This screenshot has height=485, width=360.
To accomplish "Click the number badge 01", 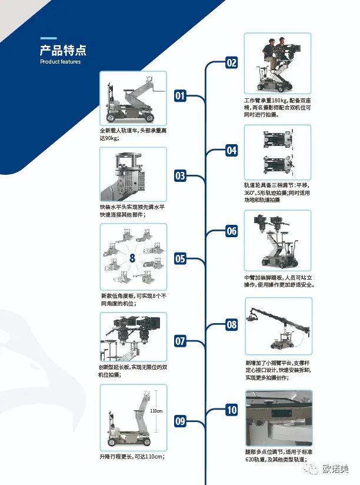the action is [x=180, y=95].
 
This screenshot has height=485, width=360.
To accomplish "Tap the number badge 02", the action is [x=232, y=63].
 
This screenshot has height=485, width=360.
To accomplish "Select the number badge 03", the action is [x=180, y=175].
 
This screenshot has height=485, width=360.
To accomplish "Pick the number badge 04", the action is [x=232, y=151].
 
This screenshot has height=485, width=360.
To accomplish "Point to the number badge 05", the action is [x=180, y=258].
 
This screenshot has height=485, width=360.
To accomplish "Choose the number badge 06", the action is [x=232, y=231].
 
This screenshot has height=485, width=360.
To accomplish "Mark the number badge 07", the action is [x=180, y=341].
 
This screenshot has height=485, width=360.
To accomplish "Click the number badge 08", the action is [x=232, y=324].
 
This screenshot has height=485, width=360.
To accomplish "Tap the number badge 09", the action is [x=180, y=420].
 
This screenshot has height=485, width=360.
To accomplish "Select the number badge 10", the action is [x=232, y=410].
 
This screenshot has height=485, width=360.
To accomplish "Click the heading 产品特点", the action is [x=63, y=49].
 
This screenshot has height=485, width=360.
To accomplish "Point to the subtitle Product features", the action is [x=60, y=62].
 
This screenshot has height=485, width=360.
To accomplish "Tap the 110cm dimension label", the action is [x=156, y=410].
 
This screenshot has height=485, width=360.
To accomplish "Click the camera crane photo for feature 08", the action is [x=278, y=327].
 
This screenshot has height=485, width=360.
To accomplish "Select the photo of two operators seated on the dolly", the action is [x=278, y=63].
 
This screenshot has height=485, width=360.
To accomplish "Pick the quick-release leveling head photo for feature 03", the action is [x=133, y=175].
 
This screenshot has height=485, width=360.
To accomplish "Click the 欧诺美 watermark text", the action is [x=336, y=469].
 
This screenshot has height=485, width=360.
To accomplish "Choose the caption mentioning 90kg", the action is [x=132, y=134].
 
